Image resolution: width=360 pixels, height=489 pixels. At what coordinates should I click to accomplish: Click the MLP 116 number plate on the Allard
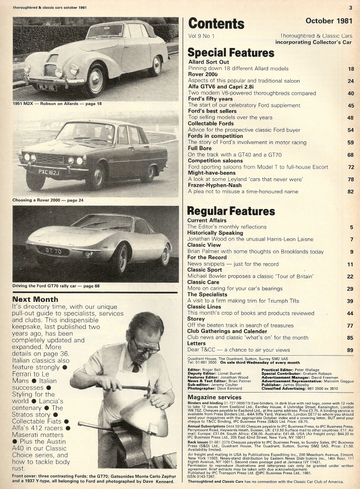click(46, 87)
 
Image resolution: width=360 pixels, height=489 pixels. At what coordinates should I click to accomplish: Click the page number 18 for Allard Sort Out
click(351, 69)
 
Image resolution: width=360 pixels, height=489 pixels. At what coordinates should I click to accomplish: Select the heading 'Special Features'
click(231, 53)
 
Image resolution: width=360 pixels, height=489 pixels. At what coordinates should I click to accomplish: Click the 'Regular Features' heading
click(231, 211)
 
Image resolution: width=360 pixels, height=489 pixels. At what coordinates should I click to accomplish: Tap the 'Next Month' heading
click(34, 299)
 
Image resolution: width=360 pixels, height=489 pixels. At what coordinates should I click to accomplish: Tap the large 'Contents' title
click(216, 23)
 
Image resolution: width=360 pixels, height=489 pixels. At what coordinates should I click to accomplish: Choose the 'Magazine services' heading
click(215, 397)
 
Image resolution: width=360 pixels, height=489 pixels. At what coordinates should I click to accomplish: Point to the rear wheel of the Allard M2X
click(155, 66)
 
